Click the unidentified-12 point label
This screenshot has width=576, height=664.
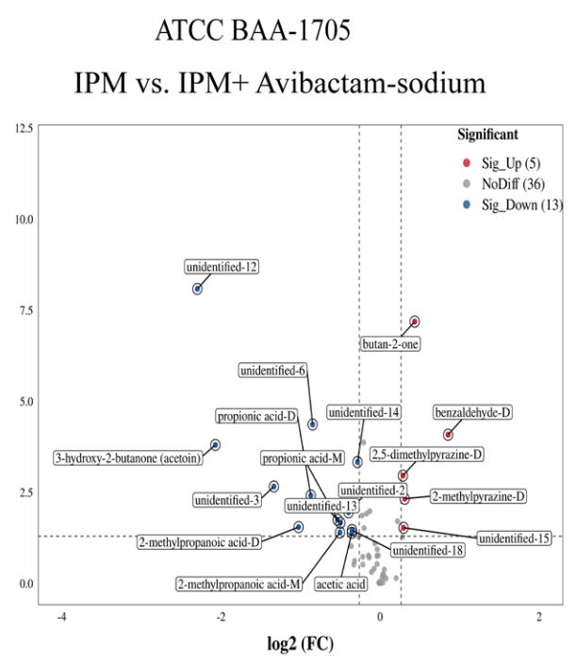[x=222, y=267]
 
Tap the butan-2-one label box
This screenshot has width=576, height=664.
[x=391, y=344]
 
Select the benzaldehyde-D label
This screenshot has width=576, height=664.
[x=473, y=412]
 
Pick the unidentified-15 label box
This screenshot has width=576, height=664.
[x=515, y=539]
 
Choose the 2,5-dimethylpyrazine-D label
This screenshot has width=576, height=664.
[x=427, y=455]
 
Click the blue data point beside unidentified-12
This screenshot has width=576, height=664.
[x=197, y=289]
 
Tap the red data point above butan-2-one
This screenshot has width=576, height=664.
[x=415, y=322]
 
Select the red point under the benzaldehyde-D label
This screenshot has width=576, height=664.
[x=448, y=435]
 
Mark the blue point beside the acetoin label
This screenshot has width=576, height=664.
[x=215, y=444]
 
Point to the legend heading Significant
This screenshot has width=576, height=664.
[x=487, y=135]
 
